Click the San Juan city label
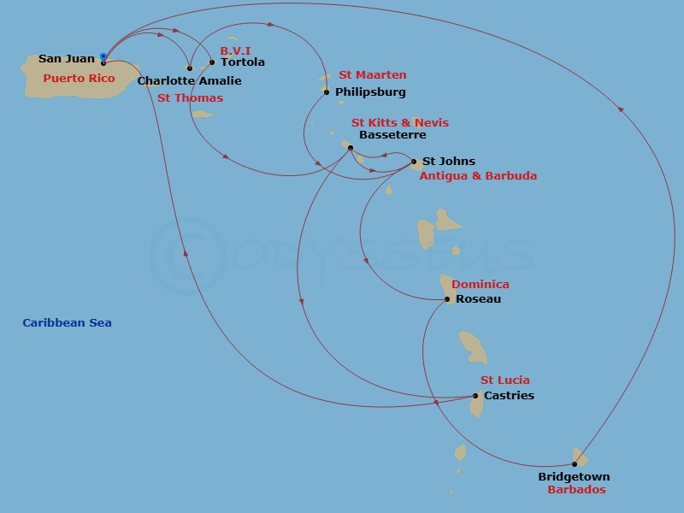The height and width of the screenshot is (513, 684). coord(67,59)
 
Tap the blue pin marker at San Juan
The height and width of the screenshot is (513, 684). coord(103,57)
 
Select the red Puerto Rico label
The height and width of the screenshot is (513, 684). coord(79,78)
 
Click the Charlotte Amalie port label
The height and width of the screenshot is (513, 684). coord(189,81)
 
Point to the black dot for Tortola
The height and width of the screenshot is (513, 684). coord(212,62)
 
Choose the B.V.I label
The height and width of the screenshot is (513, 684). coord(235,50)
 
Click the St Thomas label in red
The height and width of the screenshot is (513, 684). coord(190,98)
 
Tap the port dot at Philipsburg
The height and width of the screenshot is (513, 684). coord(327,92)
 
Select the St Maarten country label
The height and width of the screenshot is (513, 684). coord(372,75)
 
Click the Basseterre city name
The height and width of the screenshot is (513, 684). coord(392,135)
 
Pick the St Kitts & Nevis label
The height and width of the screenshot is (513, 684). coord(400,123)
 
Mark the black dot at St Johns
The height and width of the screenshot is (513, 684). coord(414,162)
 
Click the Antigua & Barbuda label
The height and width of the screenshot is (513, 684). coord(478,176)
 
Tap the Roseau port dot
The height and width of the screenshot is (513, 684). coord(447,299)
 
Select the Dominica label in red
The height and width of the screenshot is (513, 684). coord(480,285)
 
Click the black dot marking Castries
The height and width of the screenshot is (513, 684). coord(475,396)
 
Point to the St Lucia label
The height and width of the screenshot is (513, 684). coord(504,380)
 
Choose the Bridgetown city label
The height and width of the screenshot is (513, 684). coord(574,477)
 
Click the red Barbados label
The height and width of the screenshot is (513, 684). coord(576,490)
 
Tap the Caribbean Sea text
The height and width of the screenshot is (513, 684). coord(67,323)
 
